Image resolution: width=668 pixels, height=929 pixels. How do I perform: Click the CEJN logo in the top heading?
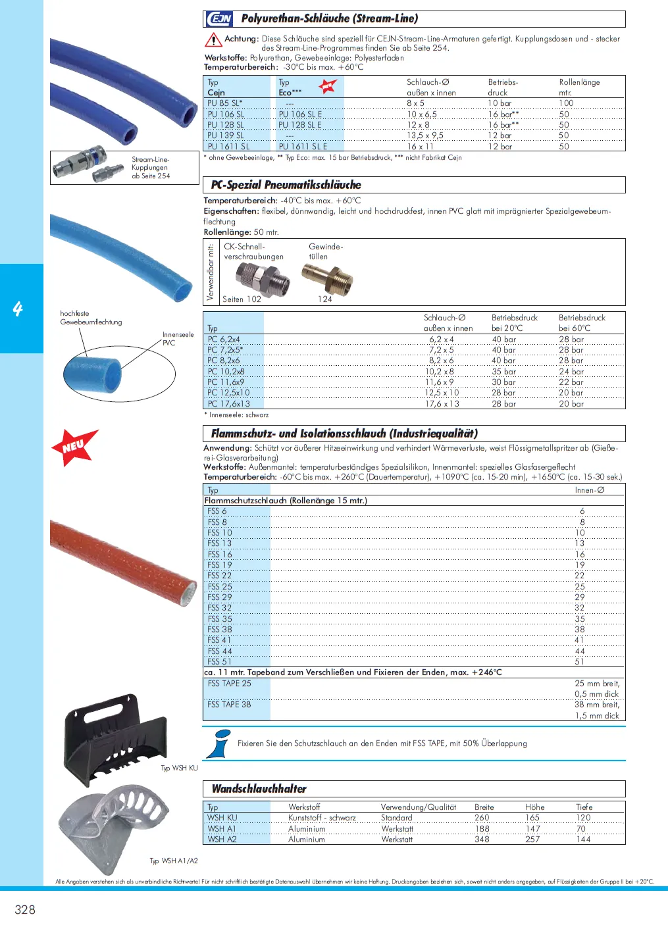(x=219, y=18)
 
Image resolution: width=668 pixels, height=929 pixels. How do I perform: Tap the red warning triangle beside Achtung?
(x=213, y=40)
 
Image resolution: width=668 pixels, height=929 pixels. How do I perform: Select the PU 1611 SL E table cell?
(x=303, y=146)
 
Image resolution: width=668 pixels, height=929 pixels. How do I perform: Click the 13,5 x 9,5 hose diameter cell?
(x=425, y=136)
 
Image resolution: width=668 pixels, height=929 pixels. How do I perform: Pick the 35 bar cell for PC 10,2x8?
(x=504, y=372)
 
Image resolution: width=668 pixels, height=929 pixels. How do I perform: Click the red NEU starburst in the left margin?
(x=74, y=447)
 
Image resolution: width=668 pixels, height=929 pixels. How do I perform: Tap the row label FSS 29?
(x=220, y=597)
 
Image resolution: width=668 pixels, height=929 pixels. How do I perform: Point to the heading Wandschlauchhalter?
(x=259, y=789)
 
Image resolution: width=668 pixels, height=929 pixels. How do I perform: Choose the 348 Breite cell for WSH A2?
(x=482, y=840)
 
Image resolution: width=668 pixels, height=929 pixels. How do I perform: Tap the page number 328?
(x=25, y=910)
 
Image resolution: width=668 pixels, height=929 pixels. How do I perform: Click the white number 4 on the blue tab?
(x=18, y=308)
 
